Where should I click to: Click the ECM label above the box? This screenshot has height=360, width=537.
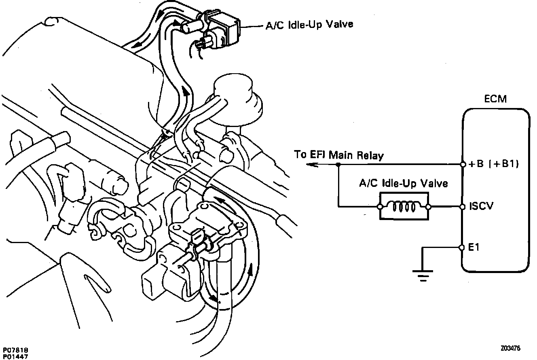coord(495,99)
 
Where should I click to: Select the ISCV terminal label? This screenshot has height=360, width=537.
coord(481,207)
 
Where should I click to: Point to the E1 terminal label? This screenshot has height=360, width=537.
coord(474,247)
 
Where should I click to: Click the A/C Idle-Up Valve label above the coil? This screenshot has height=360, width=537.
coord(404,184)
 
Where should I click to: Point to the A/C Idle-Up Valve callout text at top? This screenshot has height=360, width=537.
coord(309,25)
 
